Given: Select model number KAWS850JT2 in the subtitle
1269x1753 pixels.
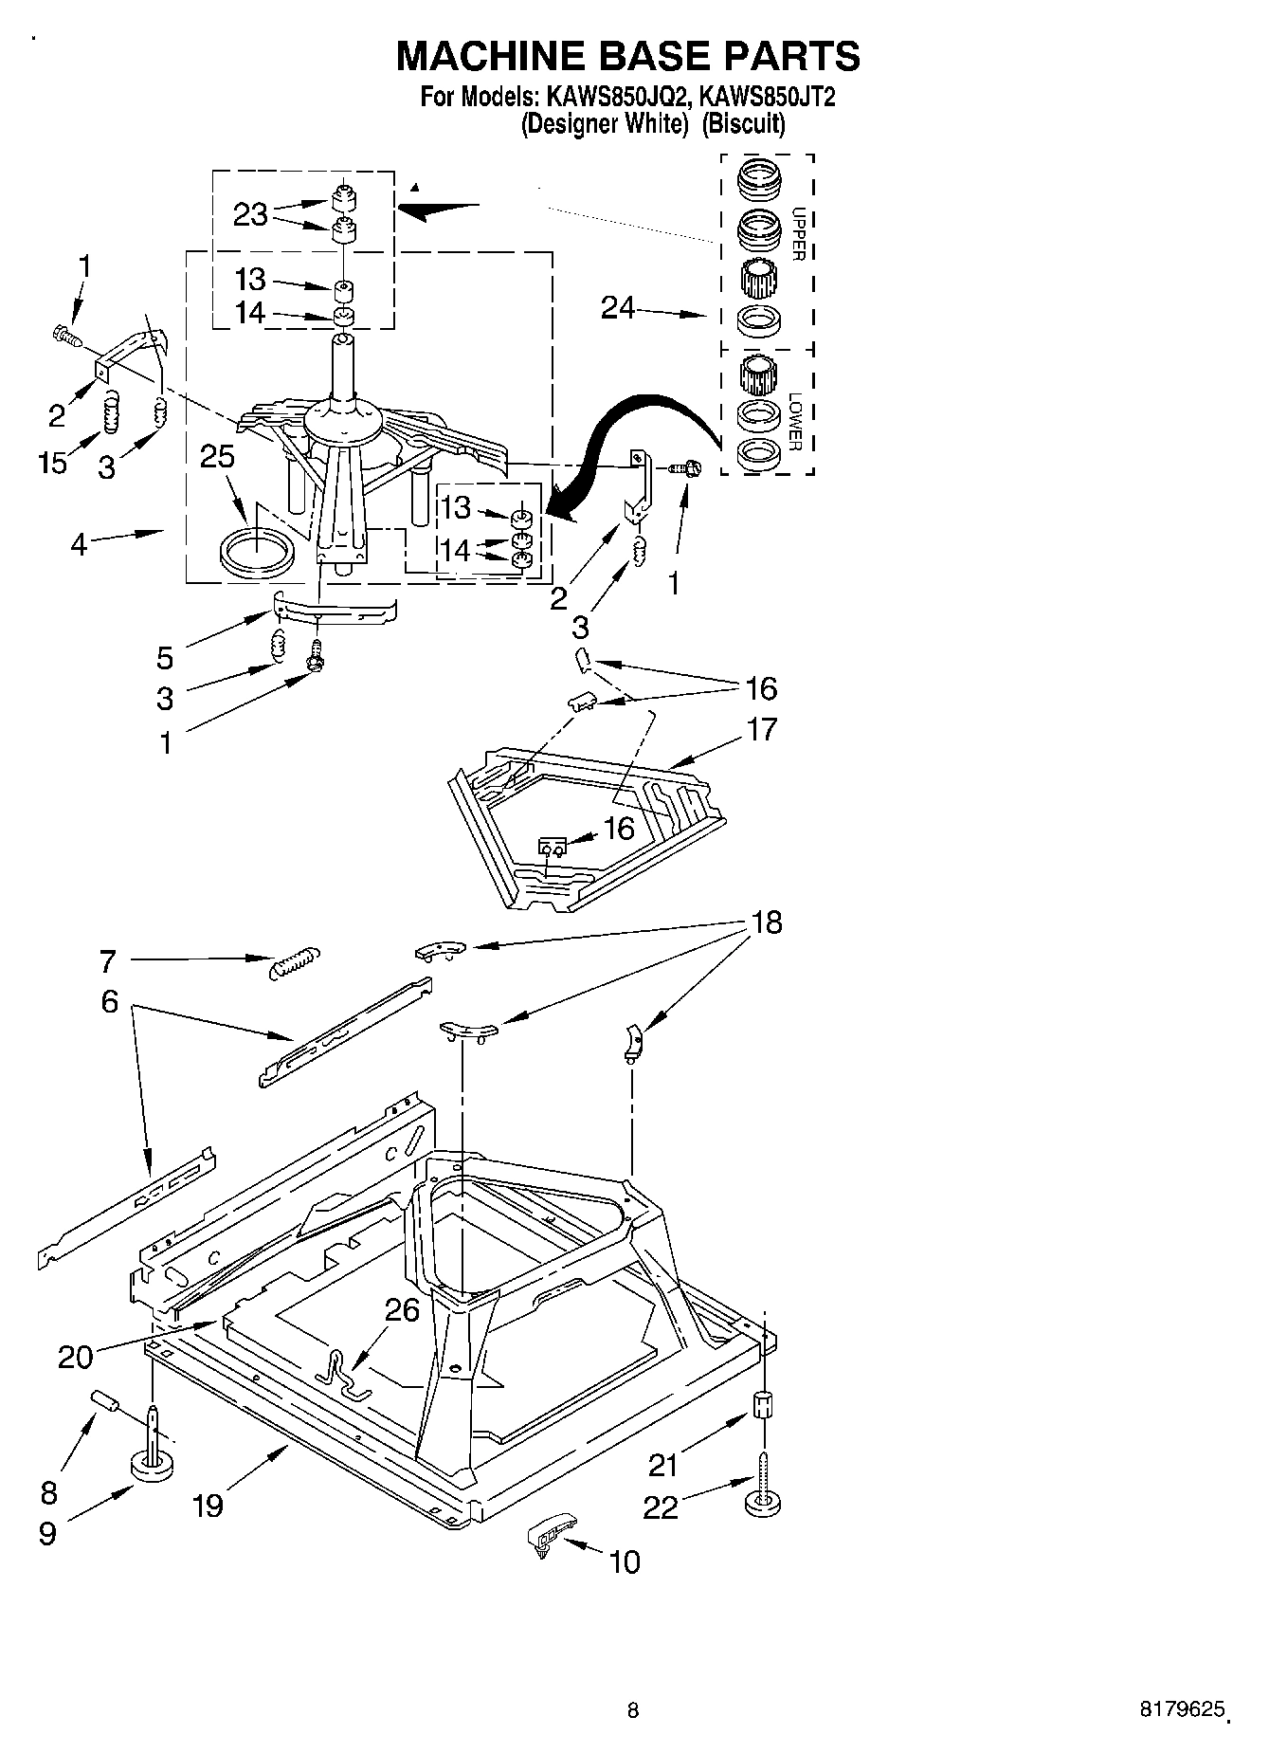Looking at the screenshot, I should (x=767, y=98).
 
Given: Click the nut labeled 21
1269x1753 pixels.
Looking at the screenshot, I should (x=763, y=1403).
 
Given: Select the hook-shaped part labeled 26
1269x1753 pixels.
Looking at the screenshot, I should (x=341, y=1375).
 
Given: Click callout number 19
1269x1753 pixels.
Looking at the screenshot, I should (x=208, y=1505).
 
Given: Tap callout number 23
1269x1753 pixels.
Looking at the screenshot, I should (x=250, y=215).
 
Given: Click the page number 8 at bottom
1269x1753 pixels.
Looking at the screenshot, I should (x=633, y=1710).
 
